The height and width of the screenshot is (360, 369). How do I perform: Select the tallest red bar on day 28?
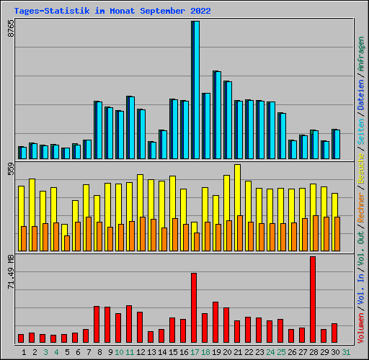point(313,300)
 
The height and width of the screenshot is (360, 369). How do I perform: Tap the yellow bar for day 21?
point(237,190)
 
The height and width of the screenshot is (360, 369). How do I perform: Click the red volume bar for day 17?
point(194,307)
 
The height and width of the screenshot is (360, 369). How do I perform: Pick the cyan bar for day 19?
point(217,115)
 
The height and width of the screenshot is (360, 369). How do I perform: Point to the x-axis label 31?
point(346,352)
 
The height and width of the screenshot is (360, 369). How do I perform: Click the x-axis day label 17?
point(195,352)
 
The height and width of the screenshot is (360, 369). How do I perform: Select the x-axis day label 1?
point(25,352)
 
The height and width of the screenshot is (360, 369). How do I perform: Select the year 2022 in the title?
point(201,12)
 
